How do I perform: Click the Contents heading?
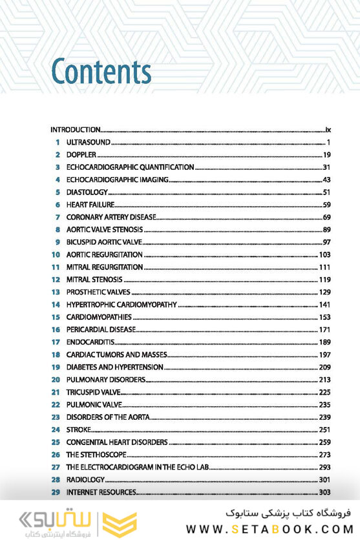tap(101, 72)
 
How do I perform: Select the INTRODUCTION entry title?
tap(76, 129)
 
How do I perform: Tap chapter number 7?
tap(58, 217)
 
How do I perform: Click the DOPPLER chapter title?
tap(81, 154)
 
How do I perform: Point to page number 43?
tap(326, 180)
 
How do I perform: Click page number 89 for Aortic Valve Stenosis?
tap(326, 229)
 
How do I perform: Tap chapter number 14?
tap(56, 304)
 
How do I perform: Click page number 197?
tap(324, 355)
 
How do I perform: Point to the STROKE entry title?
tap(78, 430)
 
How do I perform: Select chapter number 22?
tap(56, 404)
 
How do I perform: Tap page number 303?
tap(324, 492)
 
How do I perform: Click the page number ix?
tap(328, 129)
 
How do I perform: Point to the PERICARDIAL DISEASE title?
tap(101, 329)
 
